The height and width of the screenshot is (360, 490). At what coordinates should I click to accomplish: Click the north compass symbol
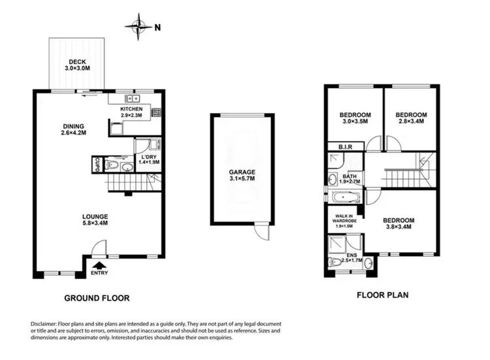tap(138, 27)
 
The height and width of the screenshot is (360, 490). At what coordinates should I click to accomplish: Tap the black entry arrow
tap(99, 265)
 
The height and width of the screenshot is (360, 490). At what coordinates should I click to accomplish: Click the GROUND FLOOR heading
tap(97, 298)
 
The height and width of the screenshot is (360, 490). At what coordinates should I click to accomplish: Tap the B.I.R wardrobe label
tap(344, 148)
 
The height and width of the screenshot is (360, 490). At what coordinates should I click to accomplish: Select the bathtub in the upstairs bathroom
tap(344, 197)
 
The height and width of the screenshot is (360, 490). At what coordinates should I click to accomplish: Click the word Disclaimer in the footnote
tap(44, 325)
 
